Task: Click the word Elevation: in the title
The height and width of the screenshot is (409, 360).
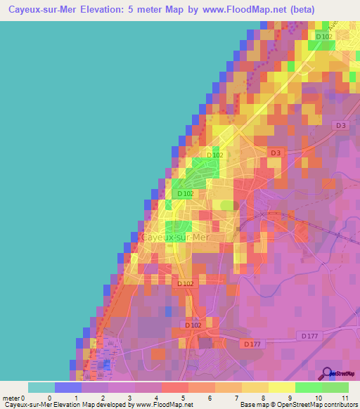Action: click(x=116, y=9)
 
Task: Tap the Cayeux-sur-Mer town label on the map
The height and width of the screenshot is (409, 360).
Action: click(x=176, y=238)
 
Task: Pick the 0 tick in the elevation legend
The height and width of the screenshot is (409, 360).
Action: click(x=49, y=397)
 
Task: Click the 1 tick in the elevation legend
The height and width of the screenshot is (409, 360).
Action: click(x=76, y=397)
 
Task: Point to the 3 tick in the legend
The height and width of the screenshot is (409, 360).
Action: click(x=129, y=397)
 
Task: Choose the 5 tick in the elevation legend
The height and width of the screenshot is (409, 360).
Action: click(x=183, y=397)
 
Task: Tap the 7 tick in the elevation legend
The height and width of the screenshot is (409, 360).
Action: click(x=236, y=397)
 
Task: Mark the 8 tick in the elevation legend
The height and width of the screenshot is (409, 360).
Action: click(x=263, y=397)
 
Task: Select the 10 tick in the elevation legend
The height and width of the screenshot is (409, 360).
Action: click(x=316, y=397)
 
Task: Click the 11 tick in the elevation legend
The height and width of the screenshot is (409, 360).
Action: click(x=343, y=397)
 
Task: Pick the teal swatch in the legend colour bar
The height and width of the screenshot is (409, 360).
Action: click(x=41, y=387)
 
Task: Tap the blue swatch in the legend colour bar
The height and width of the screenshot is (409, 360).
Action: click(x=67, y=387)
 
